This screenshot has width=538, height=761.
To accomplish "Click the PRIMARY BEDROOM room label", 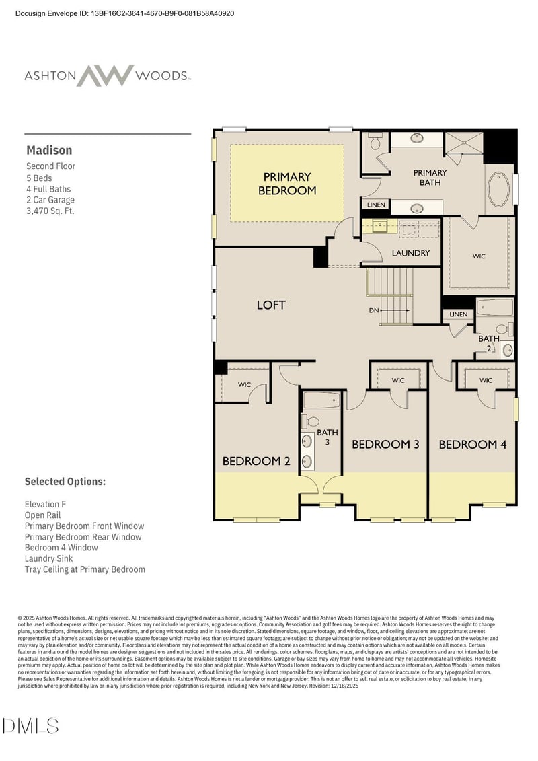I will click(x=287, y=184).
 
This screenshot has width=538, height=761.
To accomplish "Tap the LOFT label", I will click(x=271, y=305).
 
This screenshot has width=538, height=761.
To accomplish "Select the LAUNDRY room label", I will click(x=410, y=253).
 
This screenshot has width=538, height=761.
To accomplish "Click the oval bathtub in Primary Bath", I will click(x=498, y=190).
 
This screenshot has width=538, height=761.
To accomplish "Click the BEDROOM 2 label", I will click(x=256, y=461).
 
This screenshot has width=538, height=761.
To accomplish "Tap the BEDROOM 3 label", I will click(x=385, y=444).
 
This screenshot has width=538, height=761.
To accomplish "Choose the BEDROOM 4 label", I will click(x=473, y=444).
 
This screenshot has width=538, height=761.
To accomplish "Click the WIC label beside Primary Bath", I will click(x=479, y=256).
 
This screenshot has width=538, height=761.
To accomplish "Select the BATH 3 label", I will click(x=328, y=437).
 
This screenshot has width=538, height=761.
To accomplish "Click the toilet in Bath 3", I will click(x=312, y=421).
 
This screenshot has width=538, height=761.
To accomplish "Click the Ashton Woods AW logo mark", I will click(x=105, y=75).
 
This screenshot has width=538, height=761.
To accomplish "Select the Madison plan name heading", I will click(x=49, y=150).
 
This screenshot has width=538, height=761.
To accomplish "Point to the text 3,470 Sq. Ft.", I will click(x=50, y=211).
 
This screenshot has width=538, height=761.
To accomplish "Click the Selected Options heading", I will click(x=65, y=482).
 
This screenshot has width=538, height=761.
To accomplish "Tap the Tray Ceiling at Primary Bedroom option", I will click(x=85, y=569).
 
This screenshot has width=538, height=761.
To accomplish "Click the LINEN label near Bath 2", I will click(x=458, y=314).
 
